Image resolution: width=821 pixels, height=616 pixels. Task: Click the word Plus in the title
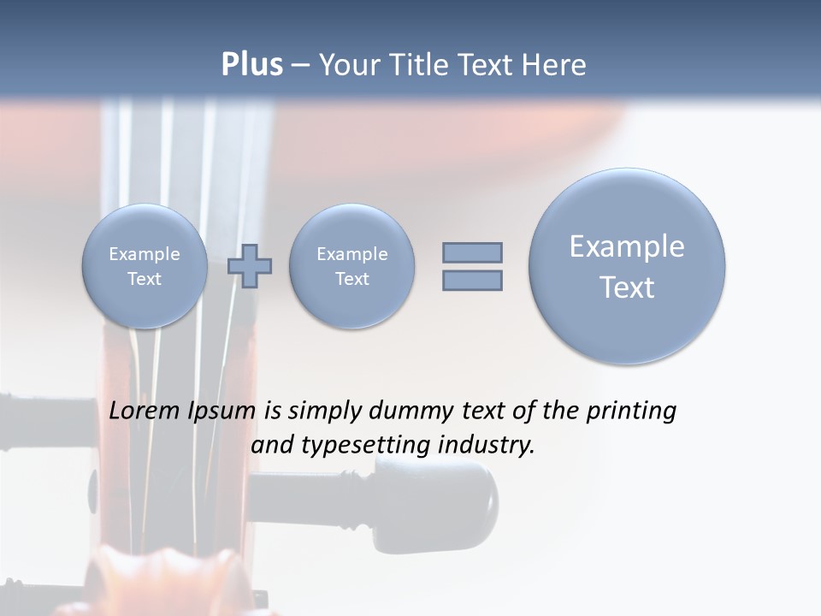[x=251, y=65]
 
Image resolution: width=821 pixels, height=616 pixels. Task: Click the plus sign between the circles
[x=250, y=265]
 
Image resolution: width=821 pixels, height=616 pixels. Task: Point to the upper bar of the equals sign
[x=472, y=252]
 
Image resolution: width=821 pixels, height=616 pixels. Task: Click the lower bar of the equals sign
[x=472, y=280]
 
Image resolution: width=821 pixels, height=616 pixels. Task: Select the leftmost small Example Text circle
[x=145, y=266]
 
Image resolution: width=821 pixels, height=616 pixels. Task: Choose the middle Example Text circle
[x=351, y=266]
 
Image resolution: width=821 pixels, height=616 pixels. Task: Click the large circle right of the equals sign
[x=627, y=266]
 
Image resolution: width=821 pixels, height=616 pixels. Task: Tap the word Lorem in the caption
[x=145, y=412]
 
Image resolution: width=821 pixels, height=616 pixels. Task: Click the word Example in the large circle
[x=627, y=246]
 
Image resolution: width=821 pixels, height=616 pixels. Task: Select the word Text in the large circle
[x=627, y=287]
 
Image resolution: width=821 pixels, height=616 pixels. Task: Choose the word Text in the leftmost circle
[x=145, y=279]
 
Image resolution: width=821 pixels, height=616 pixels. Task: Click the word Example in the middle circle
[x=351, y=254]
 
